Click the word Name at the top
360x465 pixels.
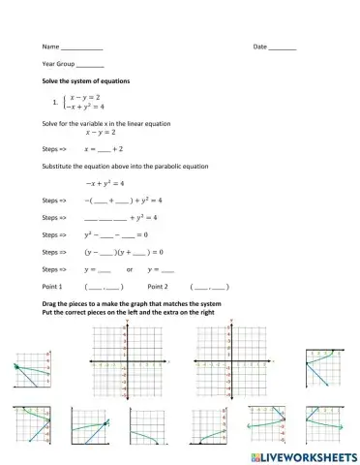coord(48,46)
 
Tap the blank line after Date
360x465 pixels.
coord(283,47)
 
